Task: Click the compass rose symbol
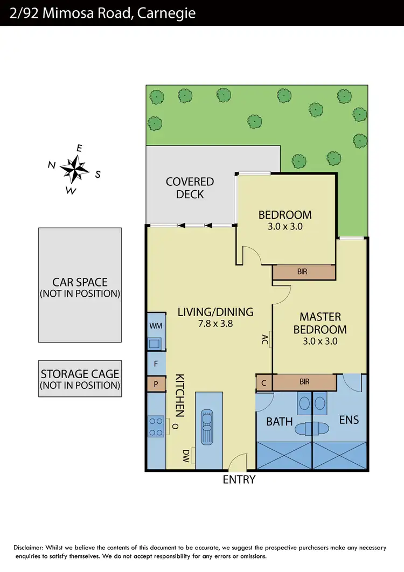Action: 74,169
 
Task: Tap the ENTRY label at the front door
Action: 239,479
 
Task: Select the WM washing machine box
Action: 156,326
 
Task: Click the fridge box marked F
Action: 156,364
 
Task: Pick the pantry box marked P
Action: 156,385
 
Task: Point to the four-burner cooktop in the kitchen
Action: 156,427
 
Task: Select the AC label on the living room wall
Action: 264,339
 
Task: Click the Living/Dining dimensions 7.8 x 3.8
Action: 215,324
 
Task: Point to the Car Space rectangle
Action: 80,285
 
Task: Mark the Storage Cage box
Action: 80,379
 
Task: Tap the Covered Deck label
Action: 190,188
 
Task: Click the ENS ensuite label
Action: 349,420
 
